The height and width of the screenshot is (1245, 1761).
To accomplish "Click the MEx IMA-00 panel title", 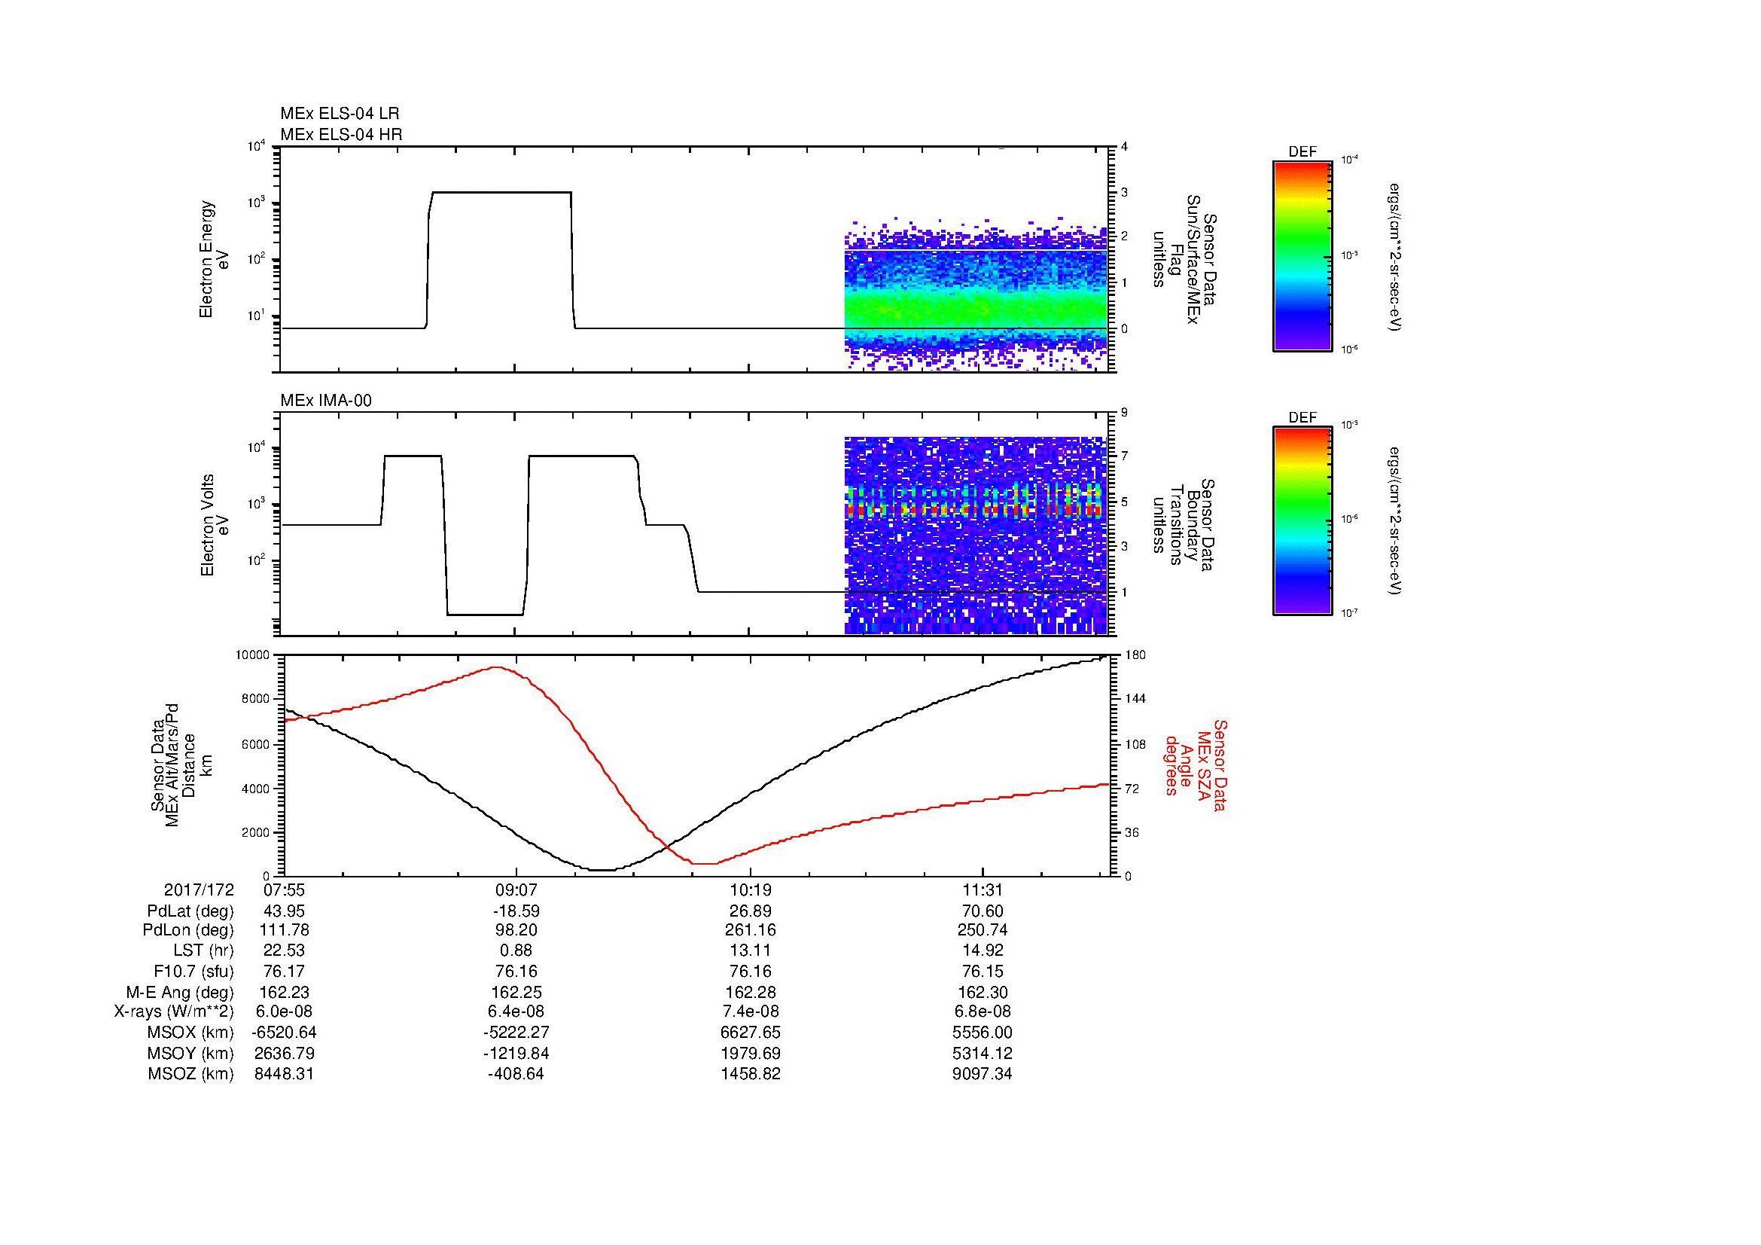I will [326, 401].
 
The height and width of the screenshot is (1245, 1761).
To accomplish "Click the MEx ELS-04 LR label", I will [340, 114].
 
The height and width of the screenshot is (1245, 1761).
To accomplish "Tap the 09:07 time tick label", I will [516, 890].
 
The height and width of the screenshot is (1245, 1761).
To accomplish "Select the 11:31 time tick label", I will [983, 890].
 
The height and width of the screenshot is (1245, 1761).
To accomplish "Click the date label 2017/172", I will [199, 890].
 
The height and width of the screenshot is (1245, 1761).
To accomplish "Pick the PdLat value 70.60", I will [983, 911].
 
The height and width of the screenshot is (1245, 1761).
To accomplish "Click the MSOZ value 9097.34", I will [983, 1074].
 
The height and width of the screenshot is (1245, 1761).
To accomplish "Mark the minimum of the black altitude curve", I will [603, 870].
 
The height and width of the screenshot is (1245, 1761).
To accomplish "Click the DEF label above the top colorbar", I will [1302, 152].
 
